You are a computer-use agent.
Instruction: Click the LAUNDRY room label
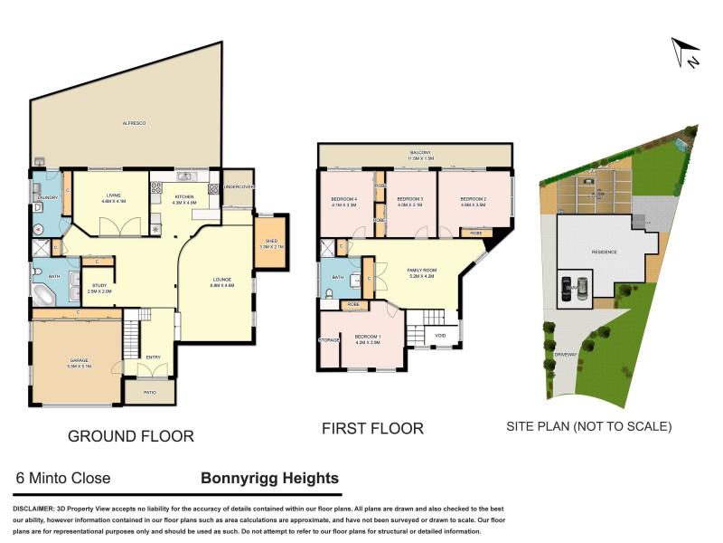[48, 197]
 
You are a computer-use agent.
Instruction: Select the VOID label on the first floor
[440, 336]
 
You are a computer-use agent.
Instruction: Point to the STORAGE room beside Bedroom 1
[328, 339]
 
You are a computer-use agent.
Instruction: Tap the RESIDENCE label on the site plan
[604, 252]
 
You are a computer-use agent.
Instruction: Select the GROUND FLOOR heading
[131, 436]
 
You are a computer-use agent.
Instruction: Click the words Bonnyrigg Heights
[269, 479]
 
